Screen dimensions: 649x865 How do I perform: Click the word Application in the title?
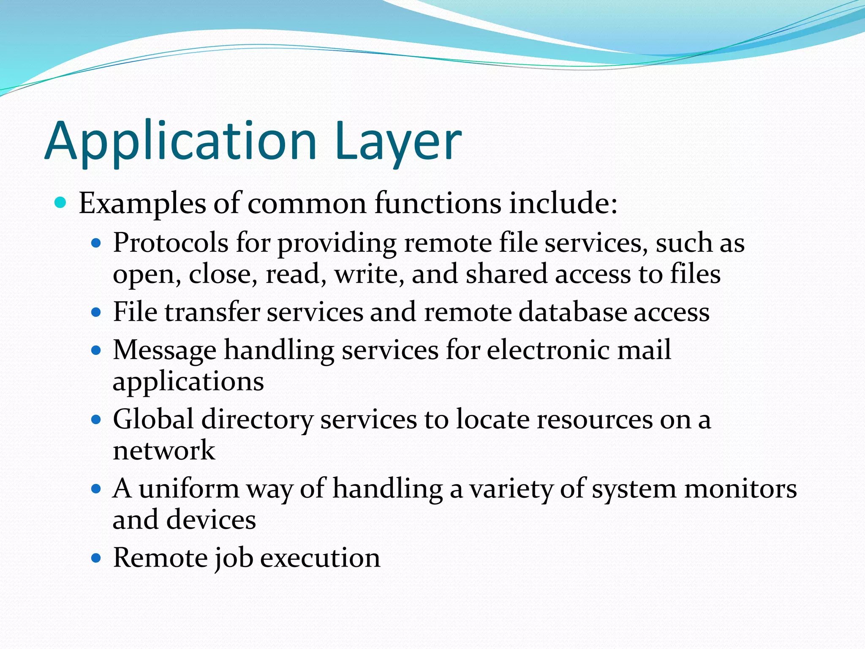point(181,142)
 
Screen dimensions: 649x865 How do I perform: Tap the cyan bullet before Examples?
point(61,203)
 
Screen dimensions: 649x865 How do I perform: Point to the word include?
point(563,203)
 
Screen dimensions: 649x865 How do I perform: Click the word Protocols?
point(171,243)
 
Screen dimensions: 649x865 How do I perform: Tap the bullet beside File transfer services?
point(96,313)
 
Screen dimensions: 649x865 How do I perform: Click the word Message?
point(164,351)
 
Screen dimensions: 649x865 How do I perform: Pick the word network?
point(164,450)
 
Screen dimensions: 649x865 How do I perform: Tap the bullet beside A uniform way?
point(96,489)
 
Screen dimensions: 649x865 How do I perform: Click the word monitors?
point(740,489)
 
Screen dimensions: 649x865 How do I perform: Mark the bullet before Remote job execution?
point(96,558)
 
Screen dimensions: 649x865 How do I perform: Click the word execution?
point(320,558)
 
